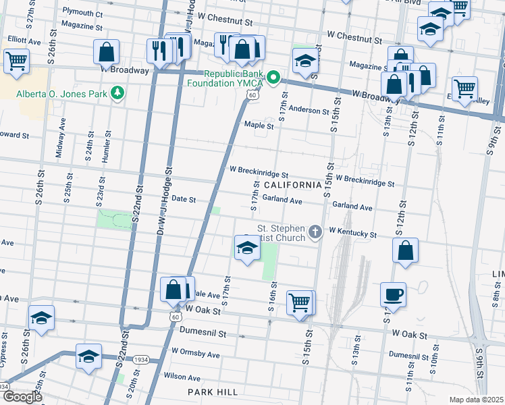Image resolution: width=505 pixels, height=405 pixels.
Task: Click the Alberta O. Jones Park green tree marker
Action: coord(117,92)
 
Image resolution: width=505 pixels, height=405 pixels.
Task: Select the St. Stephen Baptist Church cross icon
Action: coord(315,233)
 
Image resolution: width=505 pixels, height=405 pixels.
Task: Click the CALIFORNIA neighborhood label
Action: coord(292,185)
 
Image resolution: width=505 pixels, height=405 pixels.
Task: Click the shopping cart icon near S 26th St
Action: coord(16,61)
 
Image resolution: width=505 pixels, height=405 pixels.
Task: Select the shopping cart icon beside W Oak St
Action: coord(299,302)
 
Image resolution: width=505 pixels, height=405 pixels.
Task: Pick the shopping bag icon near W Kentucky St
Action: coord(405,250)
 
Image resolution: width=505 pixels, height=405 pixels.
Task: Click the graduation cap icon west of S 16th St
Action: coord(247,248)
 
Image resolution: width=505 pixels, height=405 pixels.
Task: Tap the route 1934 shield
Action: coord(140,359)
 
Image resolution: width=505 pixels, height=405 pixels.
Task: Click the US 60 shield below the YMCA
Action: coord(251,97)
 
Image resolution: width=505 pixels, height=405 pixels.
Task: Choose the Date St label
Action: coord(184,199)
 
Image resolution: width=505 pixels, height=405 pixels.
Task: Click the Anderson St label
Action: coord(309,109)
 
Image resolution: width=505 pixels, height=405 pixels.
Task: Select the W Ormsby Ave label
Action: coord(196,353)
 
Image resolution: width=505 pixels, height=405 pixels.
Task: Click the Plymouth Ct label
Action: coord(82,13)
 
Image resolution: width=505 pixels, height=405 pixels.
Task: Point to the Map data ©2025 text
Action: coord(477,400)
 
